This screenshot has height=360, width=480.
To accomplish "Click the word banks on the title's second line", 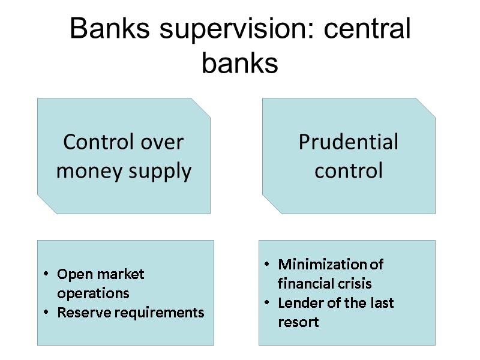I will tap(240, 63).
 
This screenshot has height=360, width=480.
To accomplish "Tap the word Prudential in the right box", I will tap(348, 142).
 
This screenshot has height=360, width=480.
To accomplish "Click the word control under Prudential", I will tap(348, 171).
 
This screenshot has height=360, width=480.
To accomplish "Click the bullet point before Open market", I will tap(46, 275).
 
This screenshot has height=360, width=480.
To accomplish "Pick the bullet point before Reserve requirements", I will tap(46, 313).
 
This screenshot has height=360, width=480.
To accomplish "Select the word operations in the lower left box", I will tap(93, 294).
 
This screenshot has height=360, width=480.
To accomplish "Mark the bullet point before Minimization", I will tap(267, 265).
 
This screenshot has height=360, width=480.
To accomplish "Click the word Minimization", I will tap(323, 265).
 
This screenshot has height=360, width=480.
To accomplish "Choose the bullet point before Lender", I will tap(267, 303).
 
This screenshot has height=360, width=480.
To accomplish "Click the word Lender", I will tap(298, 303).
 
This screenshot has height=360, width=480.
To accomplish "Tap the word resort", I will tap(298, 322).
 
